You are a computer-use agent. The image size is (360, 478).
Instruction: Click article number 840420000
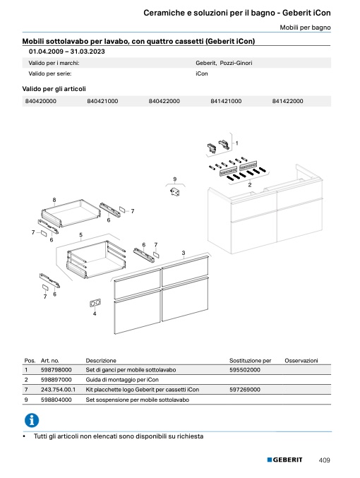(40, 101)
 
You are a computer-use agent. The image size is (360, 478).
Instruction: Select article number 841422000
(287, 101)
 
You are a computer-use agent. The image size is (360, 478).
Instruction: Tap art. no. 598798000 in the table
(56, 370)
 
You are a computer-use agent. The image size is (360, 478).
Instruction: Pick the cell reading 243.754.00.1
(58, 390)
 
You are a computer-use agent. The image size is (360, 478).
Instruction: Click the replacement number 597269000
(245, 390)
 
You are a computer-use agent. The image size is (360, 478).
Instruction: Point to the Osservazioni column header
(301, 361)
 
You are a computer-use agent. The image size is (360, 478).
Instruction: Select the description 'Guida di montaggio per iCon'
(122, 380)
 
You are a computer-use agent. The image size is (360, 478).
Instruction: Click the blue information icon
(32, 421)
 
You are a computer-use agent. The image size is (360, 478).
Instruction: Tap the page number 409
(324, 460)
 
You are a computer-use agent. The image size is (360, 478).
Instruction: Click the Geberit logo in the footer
(284, 460)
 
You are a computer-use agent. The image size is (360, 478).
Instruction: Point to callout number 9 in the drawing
(174, 179)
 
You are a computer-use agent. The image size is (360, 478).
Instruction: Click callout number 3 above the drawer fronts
(184, 253)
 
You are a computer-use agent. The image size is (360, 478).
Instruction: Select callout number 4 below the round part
(95, 313)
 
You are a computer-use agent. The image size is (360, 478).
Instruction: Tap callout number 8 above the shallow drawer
(54, 200)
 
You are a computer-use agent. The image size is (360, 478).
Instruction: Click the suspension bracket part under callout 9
(174, 192)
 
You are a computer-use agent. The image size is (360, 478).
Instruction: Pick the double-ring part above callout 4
(95, 303)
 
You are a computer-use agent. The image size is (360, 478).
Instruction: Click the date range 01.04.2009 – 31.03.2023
(67, 52)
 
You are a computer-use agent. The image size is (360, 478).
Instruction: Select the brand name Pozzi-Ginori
(236, 63)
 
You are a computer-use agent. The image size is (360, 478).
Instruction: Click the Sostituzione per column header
(251, 361)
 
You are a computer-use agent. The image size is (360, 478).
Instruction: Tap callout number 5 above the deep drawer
(80, 235)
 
